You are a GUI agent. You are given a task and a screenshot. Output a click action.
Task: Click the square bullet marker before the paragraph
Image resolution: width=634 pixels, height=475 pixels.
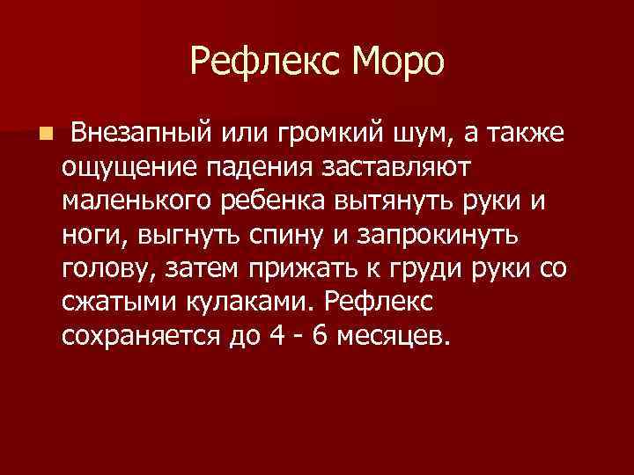click(x=46, y=134)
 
